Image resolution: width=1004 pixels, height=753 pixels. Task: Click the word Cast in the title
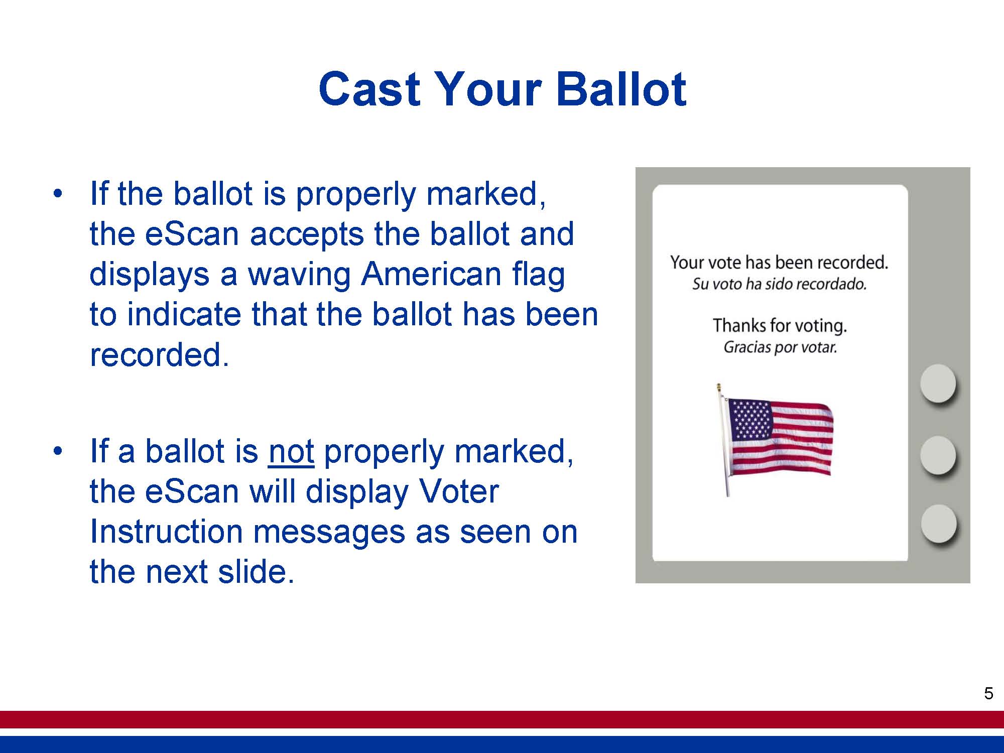coord(369,89)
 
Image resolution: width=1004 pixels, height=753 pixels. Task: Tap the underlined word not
coord(291,451)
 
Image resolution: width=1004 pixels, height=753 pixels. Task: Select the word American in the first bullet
coord(431,274)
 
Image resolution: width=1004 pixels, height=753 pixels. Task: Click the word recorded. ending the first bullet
coord(159,354)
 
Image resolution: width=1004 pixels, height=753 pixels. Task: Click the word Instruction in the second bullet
coord(166,532)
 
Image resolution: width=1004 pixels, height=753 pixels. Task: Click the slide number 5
coord(988,693)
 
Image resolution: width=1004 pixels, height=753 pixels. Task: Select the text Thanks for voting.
coord(780,326)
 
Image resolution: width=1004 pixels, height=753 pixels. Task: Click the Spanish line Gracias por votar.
coord(780,347)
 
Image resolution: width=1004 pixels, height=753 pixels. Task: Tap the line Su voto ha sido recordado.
coord(779,284)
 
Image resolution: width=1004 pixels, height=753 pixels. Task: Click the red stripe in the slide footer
coord(502,719)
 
